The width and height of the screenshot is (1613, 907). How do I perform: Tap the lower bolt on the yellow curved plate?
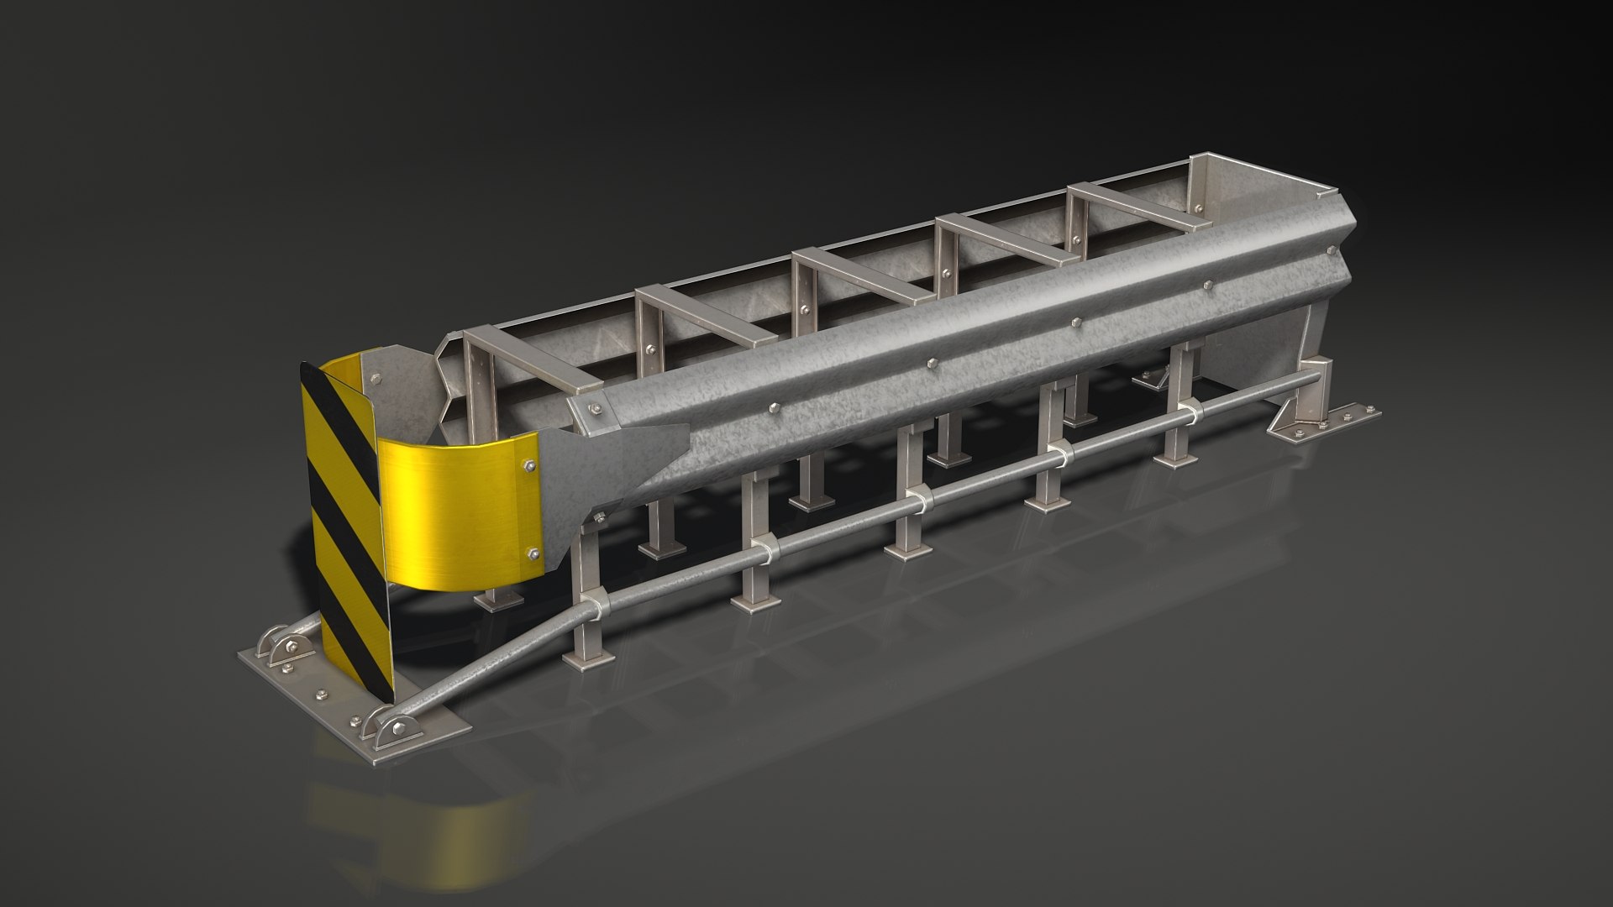tap(533, 553)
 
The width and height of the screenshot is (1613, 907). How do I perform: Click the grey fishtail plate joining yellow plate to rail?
tap(622, 462)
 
